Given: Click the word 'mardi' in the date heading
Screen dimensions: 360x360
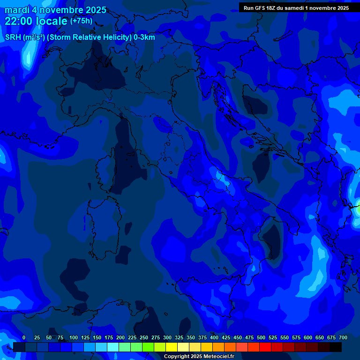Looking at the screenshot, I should (x=17, y=10).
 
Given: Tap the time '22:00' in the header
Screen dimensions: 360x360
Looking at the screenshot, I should (x=19, y=21).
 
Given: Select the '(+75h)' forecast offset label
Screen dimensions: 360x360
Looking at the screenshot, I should (x=81, y=21).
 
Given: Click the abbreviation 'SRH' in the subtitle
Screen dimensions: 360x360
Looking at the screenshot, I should (x=14, y=37).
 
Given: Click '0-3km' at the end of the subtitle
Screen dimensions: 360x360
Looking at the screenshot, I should (x=144, y=37).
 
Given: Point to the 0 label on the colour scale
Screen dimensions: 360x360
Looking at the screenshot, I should (x=24, y=337).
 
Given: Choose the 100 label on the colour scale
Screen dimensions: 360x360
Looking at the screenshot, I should (x=74, y=337).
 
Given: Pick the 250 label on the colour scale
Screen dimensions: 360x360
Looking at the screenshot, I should (x=144, y=337).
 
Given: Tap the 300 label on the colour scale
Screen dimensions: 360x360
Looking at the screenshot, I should (x=167, y=337).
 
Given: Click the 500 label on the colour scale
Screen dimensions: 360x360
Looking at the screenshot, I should (x=261, y=337).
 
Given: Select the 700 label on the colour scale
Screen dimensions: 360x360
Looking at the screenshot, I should (x=343, y=337).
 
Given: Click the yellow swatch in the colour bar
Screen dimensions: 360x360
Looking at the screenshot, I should (x=172, y=347).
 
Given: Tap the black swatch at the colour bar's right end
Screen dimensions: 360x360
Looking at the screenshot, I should (x=336, y=347).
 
